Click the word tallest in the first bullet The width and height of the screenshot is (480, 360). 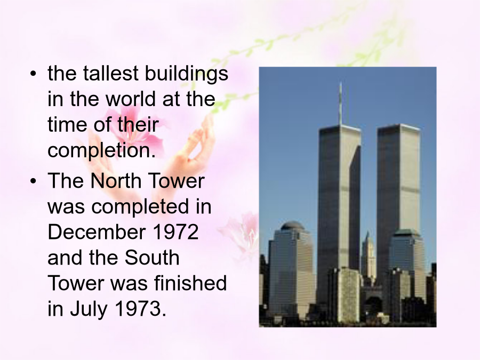(x=110, y=73)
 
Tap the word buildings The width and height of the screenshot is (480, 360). (x=187, y=74)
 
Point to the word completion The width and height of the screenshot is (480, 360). (x=101, y=151)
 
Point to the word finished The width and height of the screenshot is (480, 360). (x=190, y=283)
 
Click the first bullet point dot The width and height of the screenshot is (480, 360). (x=33, y=74)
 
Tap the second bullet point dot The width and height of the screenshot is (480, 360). (x=33, y=181)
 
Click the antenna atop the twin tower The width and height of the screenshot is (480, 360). (x=340, y=104)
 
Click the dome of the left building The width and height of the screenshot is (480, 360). (x=292, y=226)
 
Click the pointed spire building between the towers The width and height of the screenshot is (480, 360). (x=369, y=257)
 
